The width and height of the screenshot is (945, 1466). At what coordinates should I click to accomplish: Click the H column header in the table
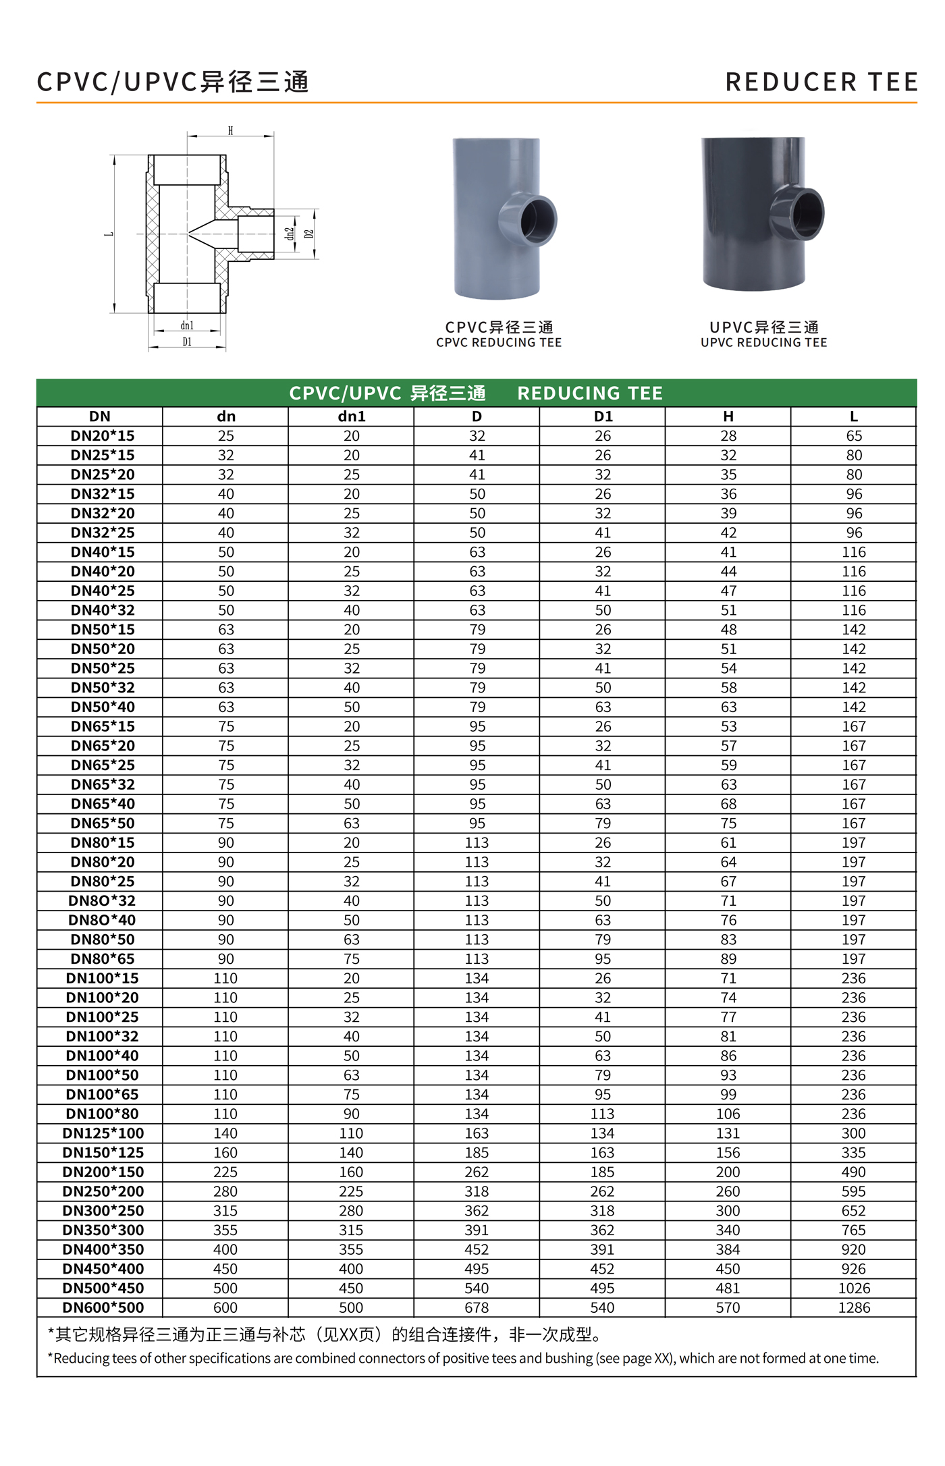pyautogui.click(x=728, y=416)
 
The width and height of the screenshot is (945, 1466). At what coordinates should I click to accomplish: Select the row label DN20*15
pyautogui.click(x=103, y=436)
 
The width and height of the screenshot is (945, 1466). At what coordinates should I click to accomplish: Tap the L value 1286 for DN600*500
pyautogui.click(x=854, y=1307)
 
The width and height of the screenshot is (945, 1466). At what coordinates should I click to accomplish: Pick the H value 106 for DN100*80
pyautogui.click(x=728, y=1114)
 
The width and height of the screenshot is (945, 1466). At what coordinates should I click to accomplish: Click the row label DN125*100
pyautogui.click(x=103, y=1133)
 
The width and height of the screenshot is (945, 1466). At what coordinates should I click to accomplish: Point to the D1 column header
pyautogui.click(x=603, y=416)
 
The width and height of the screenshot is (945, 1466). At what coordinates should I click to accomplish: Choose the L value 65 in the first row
pyautogui.click(x=854, y=436)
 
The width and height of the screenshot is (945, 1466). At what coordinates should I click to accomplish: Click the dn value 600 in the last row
pyautogui.click(x=225, y=1307)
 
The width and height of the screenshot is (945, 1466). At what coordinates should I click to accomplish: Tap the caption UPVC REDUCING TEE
pyautogui.click(x=763, y=343)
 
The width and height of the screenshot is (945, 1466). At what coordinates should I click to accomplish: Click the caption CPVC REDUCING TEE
pyautogui.click(x=499, y=343)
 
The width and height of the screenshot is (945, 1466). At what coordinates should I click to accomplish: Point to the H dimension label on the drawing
pyautogui.click(x=230, y=131)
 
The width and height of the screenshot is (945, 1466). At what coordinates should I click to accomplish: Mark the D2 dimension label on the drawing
pyautogui.click(x=309, y=234)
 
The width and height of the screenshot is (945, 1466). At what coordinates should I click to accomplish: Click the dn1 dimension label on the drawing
pyautogui.click(x=187, y=325)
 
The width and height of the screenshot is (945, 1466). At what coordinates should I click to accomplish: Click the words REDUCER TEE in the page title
pyautogui.click(x=821, y=82)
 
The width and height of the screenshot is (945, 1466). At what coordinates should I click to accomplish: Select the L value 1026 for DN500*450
pyautogui.click(x=854, y=1288)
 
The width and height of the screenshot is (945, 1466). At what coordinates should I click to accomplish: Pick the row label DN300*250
pyautogui.click(x=103, y=1211)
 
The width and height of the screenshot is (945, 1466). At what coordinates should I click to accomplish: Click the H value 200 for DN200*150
pyautogui.click(x=728, y=1172)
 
